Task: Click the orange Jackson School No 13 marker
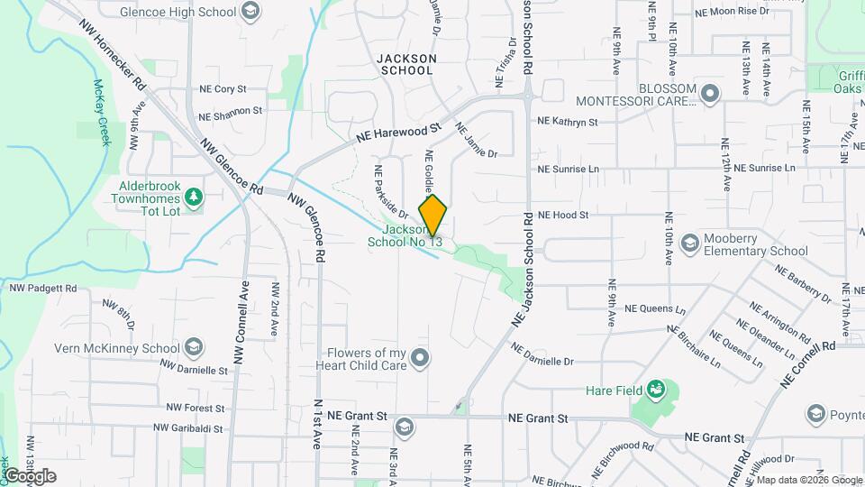(x=432, y=215)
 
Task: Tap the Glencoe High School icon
(x=250, y=13)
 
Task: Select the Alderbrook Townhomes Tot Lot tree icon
(x=193, y=197)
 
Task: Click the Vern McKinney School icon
(x=194, y=348)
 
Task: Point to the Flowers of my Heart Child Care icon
(x=419, y=359)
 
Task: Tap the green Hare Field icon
(x=656, y=391)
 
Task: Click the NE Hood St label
(x=562, y=216)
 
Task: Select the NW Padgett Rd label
(x=43, y=289)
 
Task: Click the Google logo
(x=30, y=476)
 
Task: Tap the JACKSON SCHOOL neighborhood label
(x=408, y=64)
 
